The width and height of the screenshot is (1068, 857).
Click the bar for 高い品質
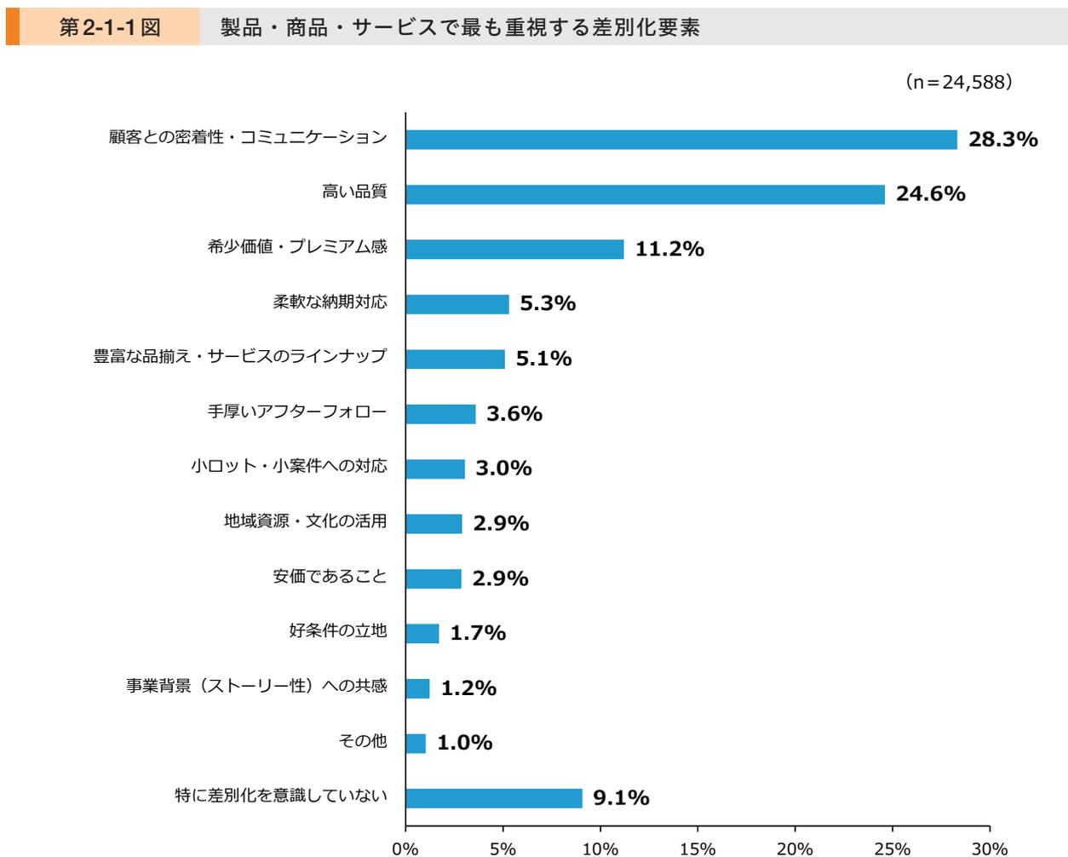coord(645,194)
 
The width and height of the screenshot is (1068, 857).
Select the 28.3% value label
coord(1002,140)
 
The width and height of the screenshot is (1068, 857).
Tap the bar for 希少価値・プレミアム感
coord(514,249)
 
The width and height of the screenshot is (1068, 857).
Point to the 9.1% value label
coord(621,798)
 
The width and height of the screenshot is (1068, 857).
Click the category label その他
coord(363,741)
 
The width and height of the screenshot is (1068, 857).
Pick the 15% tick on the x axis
coord(698,848)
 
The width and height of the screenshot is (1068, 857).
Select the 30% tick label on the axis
coord(990,848)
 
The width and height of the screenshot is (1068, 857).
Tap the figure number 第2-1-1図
coord(110,28)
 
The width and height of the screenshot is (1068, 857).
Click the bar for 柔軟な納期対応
coord(457,304)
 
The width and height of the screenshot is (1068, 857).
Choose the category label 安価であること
coord(330,577)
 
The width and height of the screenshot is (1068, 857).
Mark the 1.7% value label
coord(478,633)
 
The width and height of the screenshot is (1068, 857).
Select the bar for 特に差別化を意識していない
coord(494,798)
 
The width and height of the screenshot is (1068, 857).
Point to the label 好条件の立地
coord(338,631)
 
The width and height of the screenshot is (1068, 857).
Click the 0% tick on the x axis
coord(405,848)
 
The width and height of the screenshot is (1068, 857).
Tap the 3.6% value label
coord(514,414)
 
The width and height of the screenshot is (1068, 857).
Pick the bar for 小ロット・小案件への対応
coord(435,469)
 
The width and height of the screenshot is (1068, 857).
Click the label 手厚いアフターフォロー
coord(297,412)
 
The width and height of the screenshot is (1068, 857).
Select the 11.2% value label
coord(669,249)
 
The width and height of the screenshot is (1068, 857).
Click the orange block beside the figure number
coord(12,28)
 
